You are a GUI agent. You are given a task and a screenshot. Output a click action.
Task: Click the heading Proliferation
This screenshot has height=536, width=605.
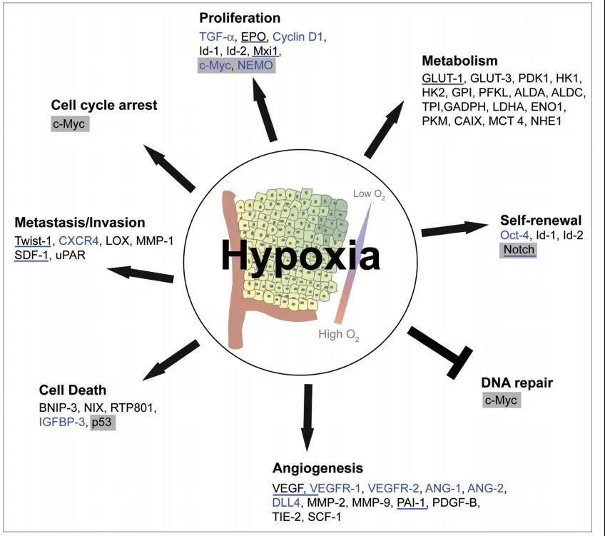click(x=240, y=18)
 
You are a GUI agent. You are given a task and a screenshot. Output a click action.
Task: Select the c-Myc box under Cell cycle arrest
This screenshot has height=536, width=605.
click(x=71, y=124)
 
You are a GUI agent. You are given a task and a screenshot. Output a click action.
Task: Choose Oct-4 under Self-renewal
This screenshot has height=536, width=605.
click(x=513, y=235)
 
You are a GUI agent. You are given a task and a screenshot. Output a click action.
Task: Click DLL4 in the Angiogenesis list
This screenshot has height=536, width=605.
click(x=288, y=503)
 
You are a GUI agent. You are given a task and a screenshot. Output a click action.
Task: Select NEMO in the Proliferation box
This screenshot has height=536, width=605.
click(x=255, y=65)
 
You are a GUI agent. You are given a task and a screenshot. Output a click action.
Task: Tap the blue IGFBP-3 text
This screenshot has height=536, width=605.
click(x=62, y=423)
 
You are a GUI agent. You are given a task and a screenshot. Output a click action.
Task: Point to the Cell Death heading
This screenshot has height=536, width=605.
click(x=73, y=390)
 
